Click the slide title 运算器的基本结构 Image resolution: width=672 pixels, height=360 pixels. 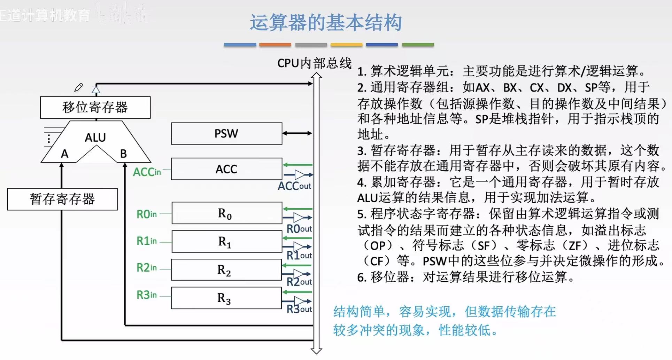pyautogui.click(x=326, y=23)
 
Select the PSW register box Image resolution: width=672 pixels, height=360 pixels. pyautogui.click(x=226, y=133)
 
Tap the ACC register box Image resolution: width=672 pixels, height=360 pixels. pyautogui.click(x=226, y=169)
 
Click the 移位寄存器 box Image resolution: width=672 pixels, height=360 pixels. pyautogui.click(x=95, y=107)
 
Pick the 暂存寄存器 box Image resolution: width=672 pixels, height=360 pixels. pyautogui.click(x=62, y=199)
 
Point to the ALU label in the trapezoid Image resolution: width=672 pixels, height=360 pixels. pyautogui.click(x=95, y=138)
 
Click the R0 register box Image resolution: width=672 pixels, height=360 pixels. pyautogui.click(x=226, y=213)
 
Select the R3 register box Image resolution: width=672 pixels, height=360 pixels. pyautogui.click(x=226, y=298)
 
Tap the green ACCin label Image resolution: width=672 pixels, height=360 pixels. pyautogui.click(x=147, y=172)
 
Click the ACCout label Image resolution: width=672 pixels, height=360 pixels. pyautogui.click(x=294, y=186)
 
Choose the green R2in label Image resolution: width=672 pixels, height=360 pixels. pyautogui.click(x=147, y=268)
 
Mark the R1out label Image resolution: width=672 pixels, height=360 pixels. pyautogui.click(x=299, y=256)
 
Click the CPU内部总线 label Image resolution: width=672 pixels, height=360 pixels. pyautogui.click(x=314, y=63)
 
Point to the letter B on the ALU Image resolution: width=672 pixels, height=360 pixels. pyautogui.click(x=123, y=154)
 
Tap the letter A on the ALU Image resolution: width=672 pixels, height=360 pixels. pyautogui.click(x=64, y=154)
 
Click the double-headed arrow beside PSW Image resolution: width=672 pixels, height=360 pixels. pyautogui.click(x=297, y=133)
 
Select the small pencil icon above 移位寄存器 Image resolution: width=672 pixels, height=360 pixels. pyautogui.click(x=79, y=87)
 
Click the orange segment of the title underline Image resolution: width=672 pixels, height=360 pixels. pyautogui.click(x=275, y=45)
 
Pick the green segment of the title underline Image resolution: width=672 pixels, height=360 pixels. pyautogui.click(x=418, y=45)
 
